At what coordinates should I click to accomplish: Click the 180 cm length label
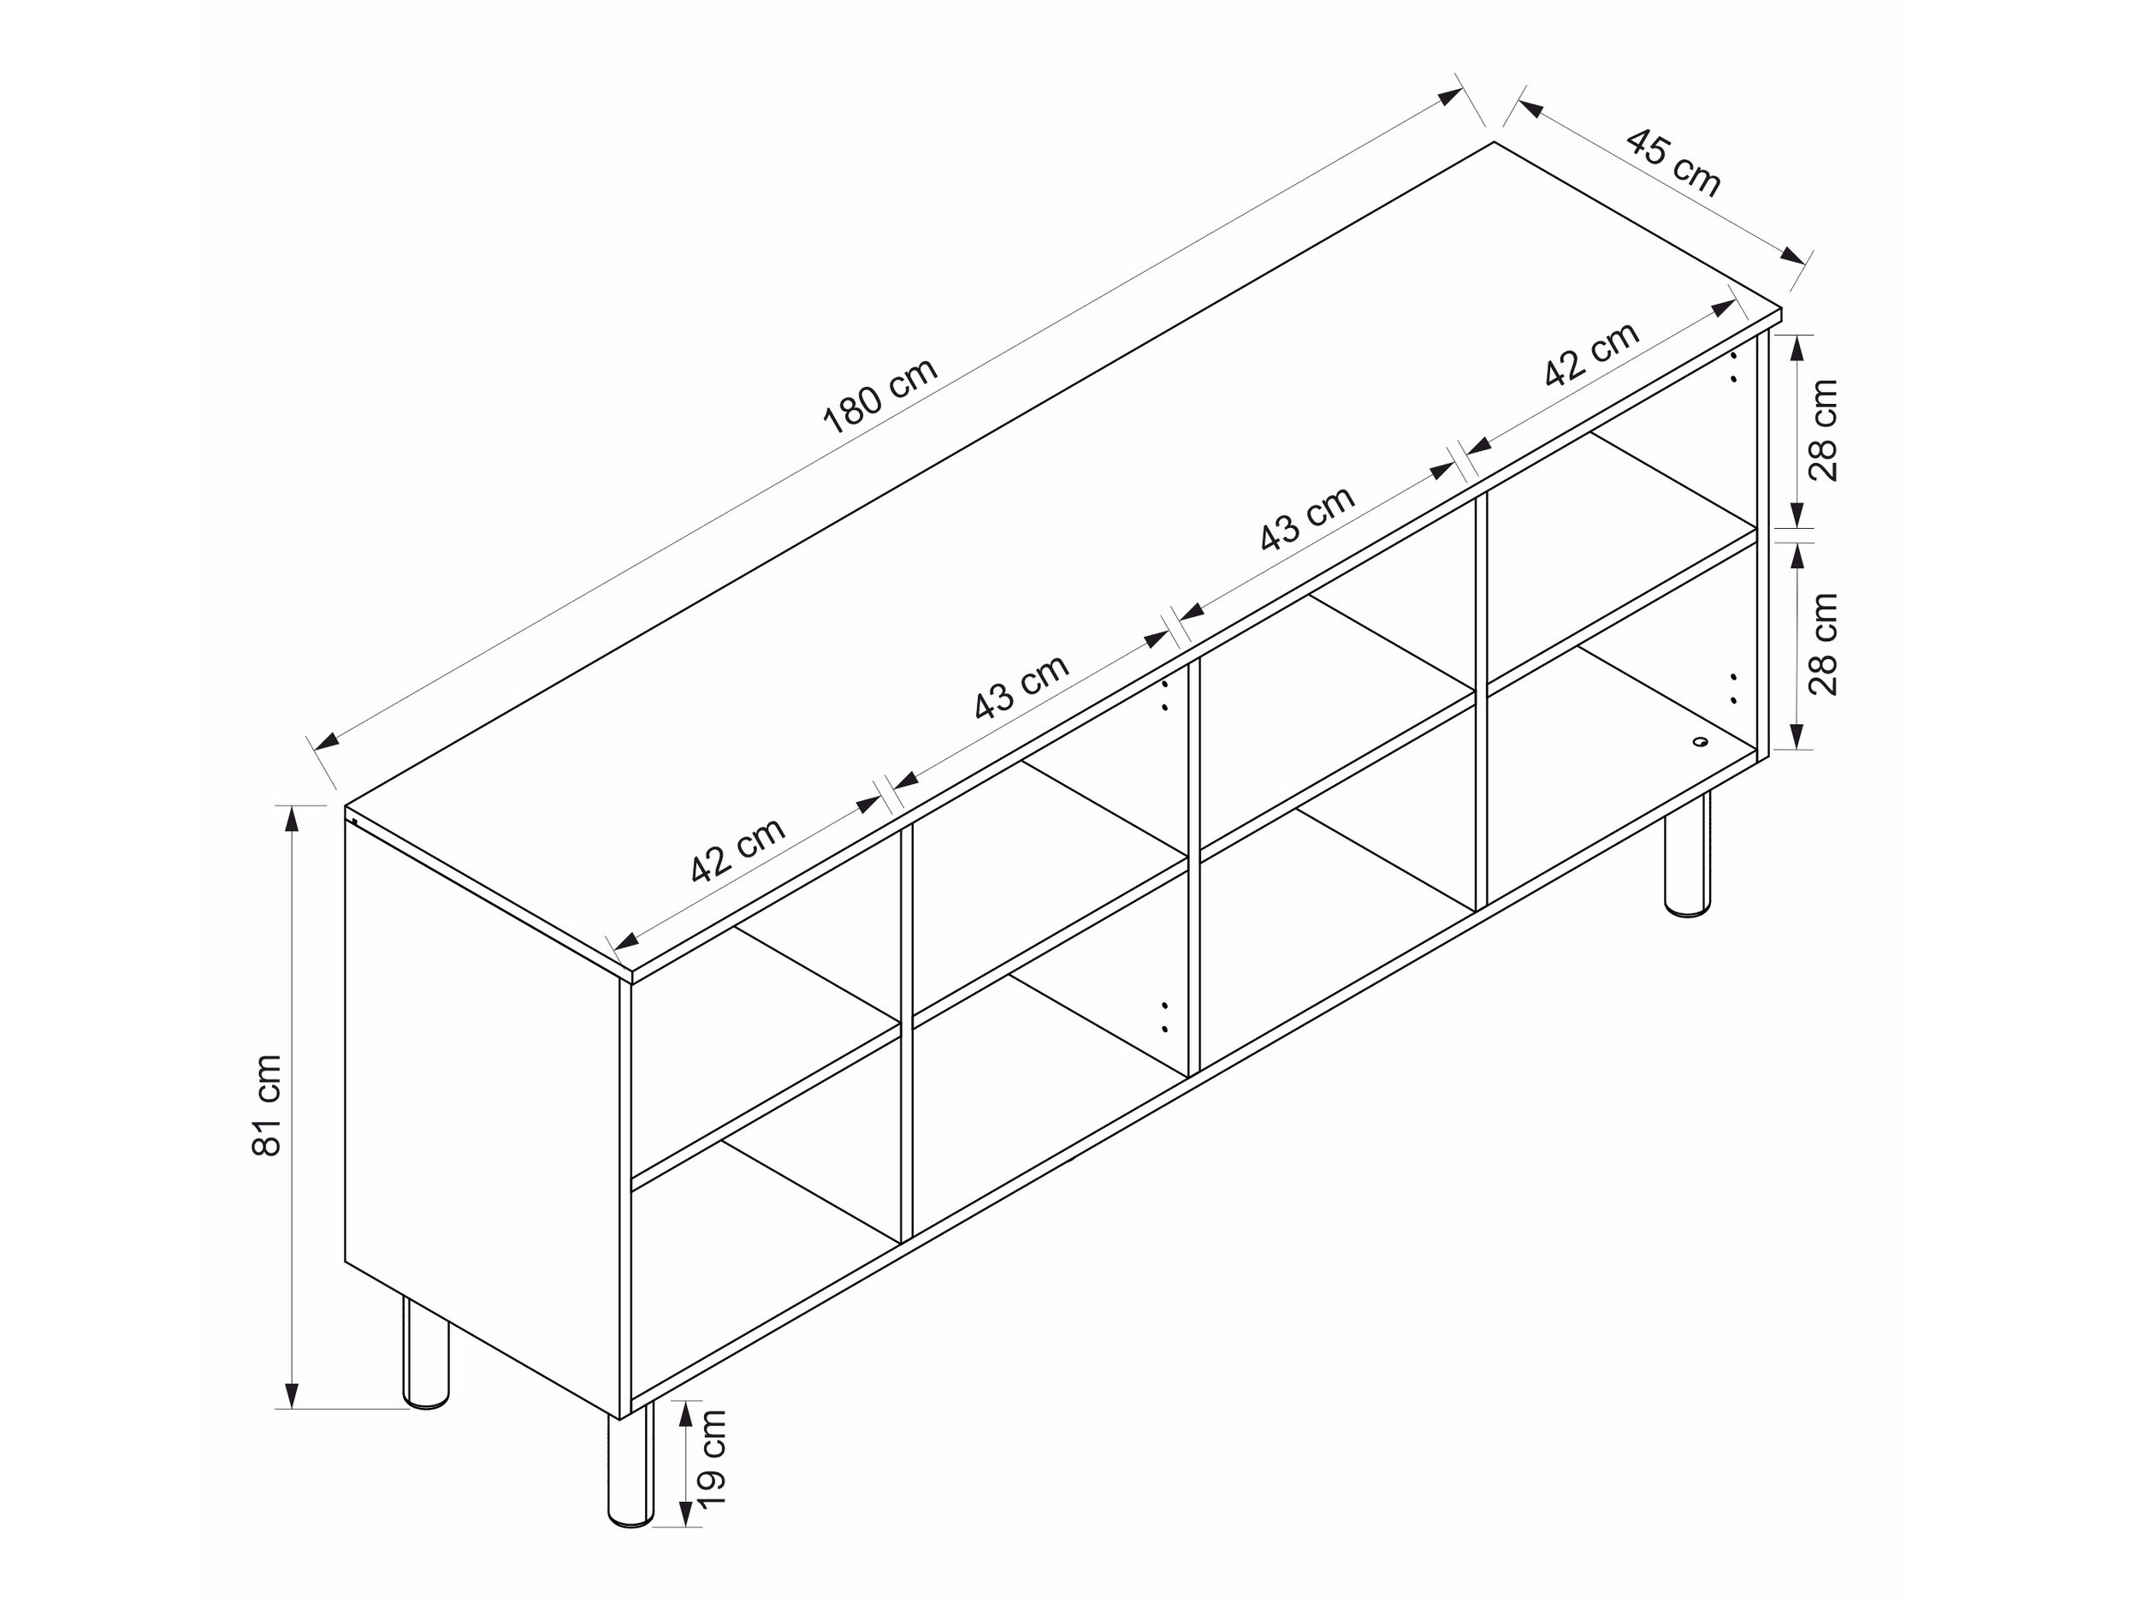coord(880,395)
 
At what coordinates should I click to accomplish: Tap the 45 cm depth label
coord(1673,163)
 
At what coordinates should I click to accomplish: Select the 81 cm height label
coord(267,1104)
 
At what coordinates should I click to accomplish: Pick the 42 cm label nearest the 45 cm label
coord(1591,353)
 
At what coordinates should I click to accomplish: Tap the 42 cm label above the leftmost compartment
coord(737,851)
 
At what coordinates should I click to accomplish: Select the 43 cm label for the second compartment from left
coord(1021,687)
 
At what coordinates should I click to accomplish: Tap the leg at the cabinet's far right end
coord(1688,854)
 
